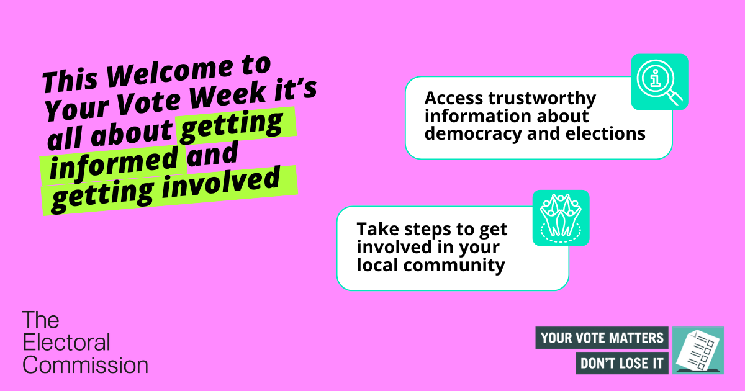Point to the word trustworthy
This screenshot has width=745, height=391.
544,98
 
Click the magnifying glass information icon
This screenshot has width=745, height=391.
659,82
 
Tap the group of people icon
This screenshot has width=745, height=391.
561,217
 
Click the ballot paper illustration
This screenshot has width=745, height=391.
698,350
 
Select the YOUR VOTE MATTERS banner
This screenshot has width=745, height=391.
602,338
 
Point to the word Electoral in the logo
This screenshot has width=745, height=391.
66,342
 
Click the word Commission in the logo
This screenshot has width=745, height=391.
85,364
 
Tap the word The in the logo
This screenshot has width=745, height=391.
41,320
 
